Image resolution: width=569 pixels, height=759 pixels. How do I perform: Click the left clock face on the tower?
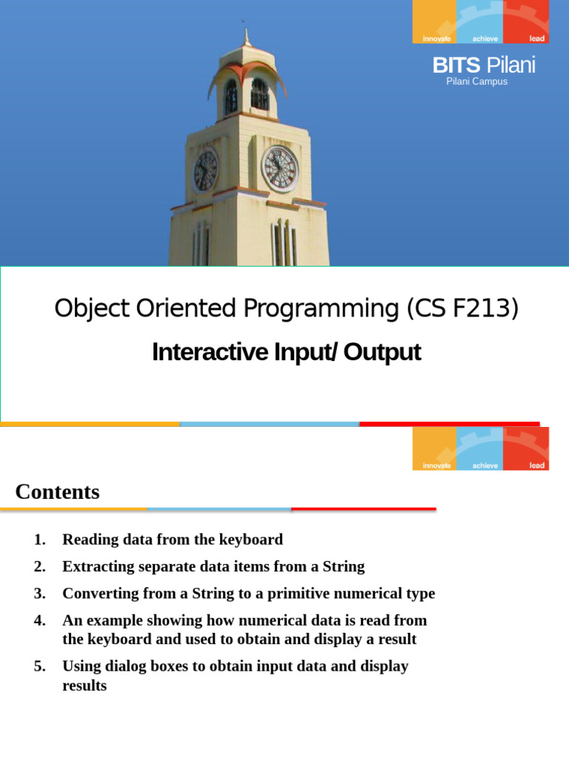tap(205, 170)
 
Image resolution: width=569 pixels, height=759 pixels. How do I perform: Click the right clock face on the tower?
tap(281, 169)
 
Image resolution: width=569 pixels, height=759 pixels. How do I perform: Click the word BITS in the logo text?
tap(456, 66)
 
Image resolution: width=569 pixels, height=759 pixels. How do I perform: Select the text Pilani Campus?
tap(476, 82)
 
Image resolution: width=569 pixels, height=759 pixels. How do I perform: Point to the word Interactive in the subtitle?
tap(196, 352)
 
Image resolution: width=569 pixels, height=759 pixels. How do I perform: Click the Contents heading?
tap(57, 491)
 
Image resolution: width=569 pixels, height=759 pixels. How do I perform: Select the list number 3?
tap(40, 594)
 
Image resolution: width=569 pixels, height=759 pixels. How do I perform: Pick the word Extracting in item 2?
tap(97, 567)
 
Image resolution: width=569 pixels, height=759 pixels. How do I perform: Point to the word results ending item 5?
tap(84, 686)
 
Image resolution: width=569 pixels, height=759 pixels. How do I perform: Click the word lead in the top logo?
tap(537, 38)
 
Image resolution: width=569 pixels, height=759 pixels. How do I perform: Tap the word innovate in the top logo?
tap(436, 38)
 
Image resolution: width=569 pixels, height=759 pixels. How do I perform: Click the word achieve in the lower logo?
tap(485, 465)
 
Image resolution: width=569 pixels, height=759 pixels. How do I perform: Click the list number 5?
tap(40, 666)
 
